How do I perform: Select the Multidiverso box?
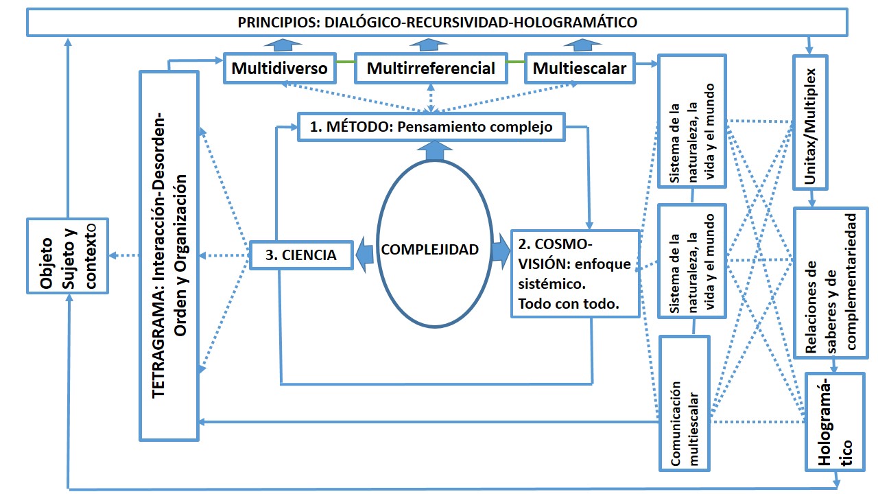278,69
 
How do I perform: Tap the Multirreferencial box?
431,69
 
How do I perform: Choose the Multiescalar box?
579,69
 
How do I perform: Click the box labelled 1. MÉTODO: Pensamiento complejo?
431,127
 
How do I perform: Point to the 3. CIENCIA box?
300,255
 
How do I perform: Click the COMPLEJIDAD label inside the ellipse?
429,250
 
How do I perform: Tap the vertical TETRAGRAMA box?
169,255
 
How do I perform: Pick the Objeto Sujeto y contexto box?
67,256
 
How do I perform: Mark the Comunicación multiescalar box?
684,403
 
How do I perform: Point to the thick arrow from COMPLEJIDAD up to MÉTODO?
431,150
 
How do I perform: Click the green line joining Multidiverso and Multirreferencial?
346,64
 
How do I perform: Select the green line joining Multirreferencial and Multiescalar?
514,64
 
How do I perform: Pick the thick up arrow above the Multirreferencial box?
431,45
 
